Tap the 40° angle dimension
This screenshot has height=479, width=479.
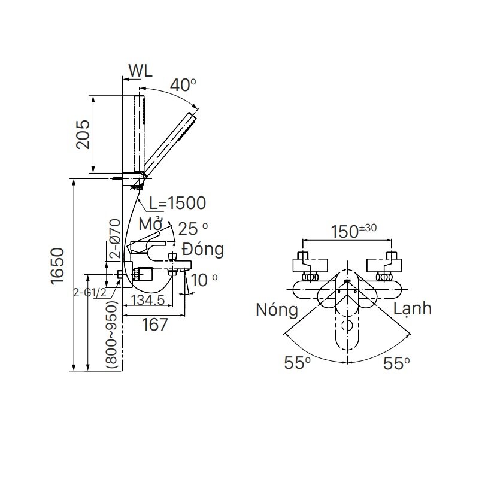click(182, 85)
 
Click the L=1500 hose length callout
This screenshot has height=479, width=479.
click(177, 203)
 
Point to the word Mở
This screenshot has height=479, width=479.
click(152, 225)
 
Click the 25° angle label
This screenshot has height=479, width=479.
click(193, 229)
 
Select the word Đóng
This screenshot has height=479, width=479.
click(203, 249)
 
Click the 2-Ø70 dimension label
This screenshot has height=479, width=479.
click(116, 239)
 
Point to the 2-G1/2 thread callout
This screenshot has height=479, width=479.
click(90, 293)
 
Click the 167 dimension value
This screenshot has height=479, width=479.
click(154, 325)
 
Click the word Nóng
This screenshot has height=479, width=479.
click(276, 310)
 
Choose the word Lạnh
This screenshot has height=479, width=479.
click(413, 308)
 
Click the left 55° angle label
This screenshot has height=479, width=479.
click(298, 363)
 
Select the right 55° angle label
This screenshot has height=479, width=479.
click(397, 363)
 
